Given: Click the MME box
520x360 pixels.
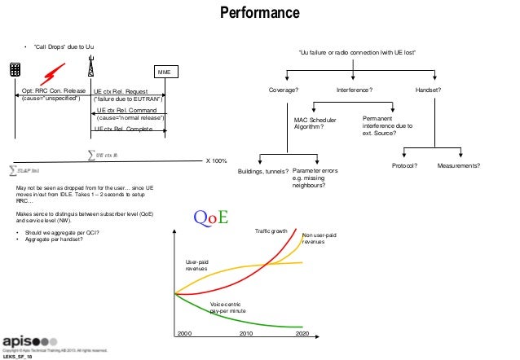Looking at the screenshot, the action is pos(164,72).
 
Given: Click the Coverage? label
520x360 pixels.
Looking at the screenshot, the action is pos(284,90).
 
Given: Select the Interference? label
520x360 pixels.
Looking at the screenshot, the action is pos(355,90).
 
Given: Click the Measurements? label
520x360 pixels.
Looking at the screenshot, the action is pos(458,165).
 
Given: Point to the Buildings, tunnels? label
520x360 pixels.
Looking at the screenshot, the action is pos(262,171).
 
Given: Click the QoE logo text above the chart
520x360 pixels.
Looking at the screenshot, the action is pos(211,217).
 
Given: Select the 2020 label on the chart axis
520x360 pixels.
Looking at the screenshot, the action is pos(302,334).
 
